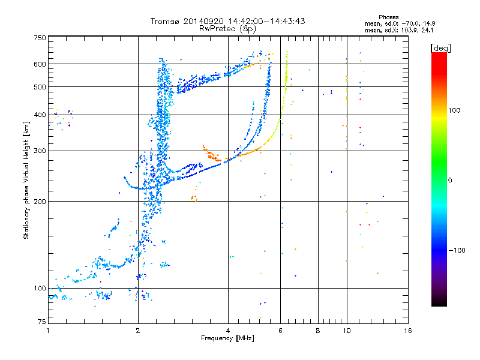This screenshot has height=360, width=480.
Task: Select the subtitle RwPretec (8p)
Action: pyautogui.click(x=227, y=29)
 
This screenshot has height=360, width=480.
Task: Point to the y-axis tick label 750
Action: pyautogui.click(x=40, y=38)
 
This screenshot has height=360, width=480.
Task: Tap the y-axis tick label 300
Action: pyautogui.click(x=40, y=151)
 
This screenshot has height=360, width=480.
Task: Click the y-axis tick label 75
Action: pyautogui.click(x=42, y=322)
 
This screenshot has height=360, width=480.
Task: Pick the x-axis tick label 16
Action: pyautogui.click(x=408, y=331)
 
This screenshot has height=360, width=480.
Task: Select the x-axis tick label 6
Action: pyautogui.click(x=280, y=331)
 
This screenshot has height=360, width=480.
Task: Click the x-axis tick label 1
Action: pyautogui.click(x=49, y=331)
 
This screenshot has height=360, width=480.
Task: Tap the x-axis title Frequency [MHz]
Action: pyautogui.click(x=227, y=338)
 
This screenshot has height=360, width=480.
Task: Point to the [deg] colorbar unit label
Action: pyautogui.click(x=440, y=49)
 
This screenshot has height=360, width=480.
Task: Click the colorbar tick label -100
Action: pyautogui.click(x=457, y=250)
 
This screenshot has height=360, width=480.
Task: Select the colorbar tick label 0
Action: pyautogui.click(x=450, y=181)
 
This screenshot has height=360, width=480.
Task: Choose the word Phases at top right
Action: pyautogui.click(x=388, y=17)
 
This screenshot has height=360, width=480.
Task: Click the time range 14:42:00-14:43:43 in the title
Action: pyautogui.click(x=266, y=21)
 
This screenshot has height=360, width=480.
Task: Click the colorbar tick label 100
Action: pyautogui.click(x=454, y=110)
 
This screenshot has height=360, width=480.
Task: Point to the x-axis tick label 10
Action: pyautogui.click(x=347, y=331)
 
